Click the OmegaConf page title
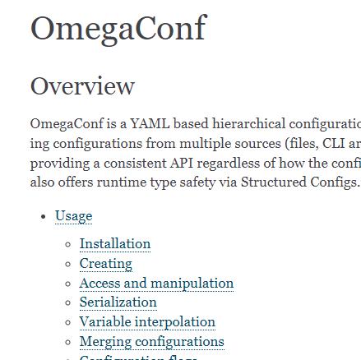tap(118, 28)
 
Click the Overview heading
tap(82, 85)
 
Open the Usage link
tap(73, 215)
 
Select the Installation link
tap(114, 243)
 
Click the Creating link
tap(105, 263)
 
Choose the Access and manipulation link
tap(156, 283)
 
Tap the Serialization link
tap(118, 302)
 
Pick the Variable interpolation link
tap(147, 321)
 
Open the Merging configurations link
tap(151, 341)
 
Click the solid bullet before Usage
tap(43, 216)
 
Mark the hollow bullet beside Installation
tap(67, 244)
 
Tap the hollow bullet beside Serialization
tap(67, 302)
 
